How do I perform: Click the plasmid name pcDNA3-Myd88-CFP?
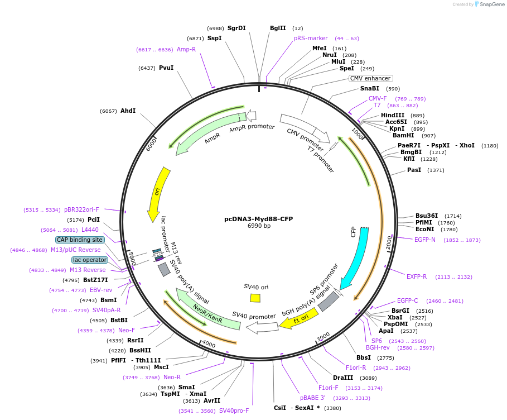pos(258,219)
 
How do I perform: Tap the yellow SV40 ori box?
pos(255,298)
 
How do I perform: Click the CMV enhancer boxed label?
pos(370,78)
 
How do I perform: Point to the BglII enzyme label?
pos(278,28)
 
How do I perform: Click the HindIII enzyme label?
pos(393,115)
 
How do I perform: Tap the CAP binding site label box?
pos(79,240)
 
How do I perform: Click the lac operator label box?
pos(89,260)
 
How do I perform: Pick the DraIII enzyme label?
pos(343,378)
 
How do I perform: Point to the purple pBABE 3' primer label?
pos(312,398)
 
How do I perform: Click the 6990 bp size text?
pos(259,226)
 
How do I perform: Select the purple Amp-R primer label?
pos(186,49)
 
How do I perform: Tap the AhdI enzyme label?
pos(128,111)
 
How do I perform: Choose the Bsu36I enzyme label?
pos(427,216)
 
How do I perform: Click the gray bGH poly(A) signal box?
pos(328,302)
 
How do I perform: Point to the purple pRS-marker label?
pos(311,38)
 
